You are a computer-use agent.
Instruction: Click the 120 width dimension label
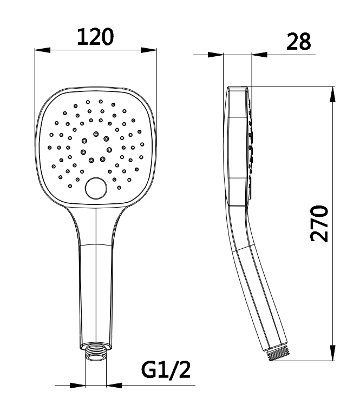95,37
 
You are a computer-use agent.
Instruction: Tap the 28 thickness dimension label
299,42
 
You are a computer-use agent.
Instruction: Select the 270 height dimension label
319,223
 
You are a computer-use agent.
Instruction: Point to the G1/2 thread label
166,370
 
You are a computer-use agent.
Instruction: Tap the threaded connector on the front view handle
96,352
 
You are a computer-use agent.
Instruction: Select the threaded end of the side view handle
278,353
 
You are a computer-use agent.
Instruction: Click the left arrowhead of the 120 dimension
43,50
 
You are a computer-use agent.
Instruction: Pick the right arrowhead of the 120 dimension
149,50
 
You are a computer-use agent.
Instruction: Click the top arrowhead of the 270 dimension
332,94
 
